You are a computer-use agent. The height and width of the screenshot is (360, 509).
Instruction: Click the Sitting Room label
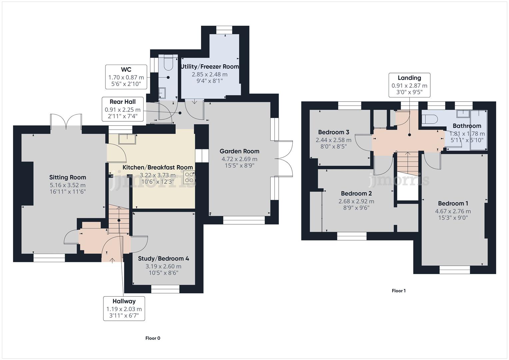point(68,177)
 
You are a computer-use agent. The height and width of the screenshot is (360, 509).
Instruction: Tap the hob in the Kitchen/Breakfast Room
point(189,177)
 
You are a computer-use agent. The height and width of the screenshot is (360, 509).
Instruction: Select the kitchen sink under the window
point(127,139)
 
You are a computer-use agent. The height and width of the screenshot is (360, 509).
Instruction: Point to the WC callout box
point(126,77)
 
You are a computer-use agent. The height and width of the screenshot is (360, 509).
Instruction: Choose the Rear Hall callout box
point(123,109)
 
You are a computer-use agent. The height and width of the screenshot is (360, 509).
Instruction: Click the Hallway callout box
point(124,308)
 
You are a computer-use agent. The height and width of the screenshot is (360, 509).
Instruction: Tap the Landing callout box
point(409,85)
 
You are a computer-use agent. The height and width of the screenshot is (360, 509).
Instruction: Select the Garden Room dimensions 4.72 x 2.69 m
point(239,159)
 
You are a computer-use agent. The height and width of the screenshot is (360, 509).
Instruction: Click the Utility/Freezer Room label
point(210,66)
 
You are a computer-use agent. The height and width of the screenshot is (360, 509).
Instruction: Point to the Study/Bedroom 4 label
point(163,258)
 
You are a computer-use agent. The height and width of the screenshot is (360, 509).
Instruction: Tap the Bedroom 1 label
point(453,203)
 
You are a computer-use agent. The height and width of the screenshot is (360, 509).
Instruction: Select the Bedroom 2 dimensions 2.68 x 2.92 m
point(356,201)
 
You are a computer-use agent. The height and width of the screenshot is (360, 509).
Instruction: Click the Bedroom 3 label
point(333,132)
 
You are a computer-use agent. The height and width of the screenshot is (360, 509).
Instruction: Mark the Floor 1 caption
point(398,291)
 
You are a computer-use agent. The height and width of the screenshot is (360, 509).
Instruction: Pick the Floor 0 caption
point(153,338)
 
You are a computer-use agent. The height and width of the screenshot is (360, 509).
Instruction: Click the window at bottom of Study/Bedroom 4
point(165,289)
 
